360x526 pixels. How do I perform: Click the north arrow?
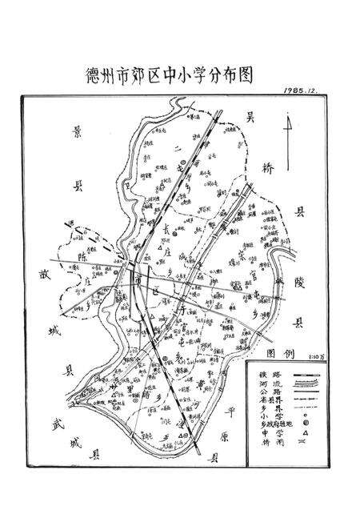287,132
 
